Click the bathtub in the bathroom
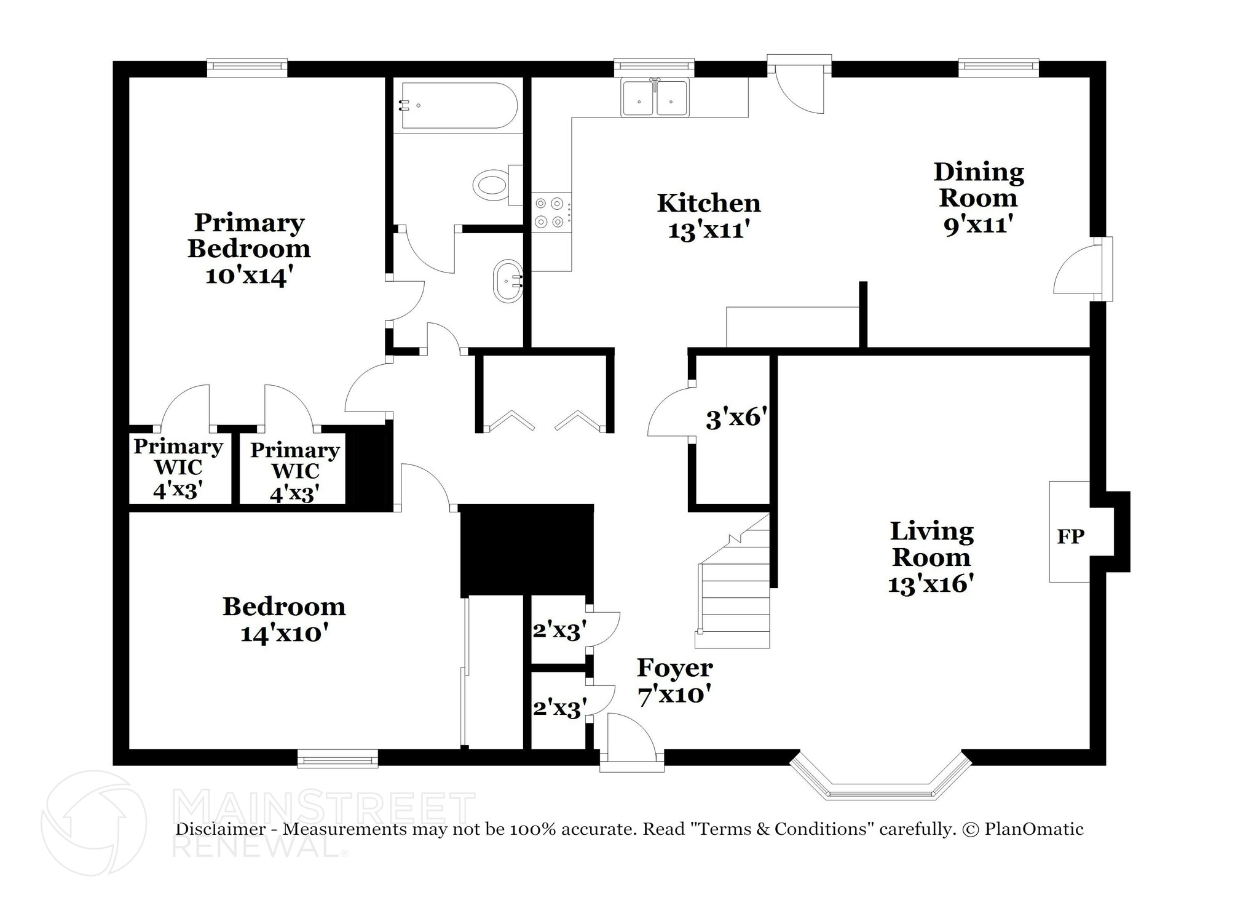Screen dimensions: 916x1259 coord(456,106)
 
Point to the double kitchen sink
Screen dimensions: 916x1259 coord(655,98)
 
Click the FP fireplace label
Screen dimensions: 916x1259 coord(1070,536)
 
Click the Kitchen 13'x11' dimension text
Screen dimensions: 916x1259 coord(709,231)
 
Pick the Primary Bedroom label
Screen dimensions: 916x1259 coord(249,236)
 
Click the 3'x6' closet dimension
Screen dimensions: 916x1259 coord(736,419)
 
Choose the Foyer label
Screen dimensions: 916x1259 coord(674,668)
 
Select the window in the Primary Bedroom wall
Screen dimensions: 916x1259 coord(247,68)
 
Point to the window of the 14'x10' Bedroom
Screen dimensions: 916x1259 coord(337,759)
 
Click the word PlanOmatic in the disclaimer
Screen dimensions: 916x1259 coord(1033,829)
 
